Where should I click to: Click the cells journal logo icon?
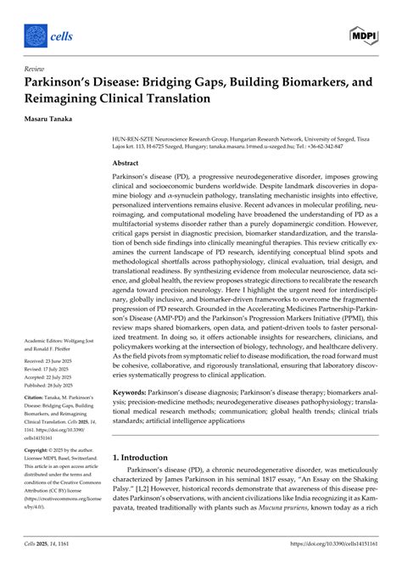coord(36,35)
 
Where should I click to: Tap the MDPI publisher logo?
coord(363,35)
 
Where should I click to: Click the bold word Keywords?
coord(131,393)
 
